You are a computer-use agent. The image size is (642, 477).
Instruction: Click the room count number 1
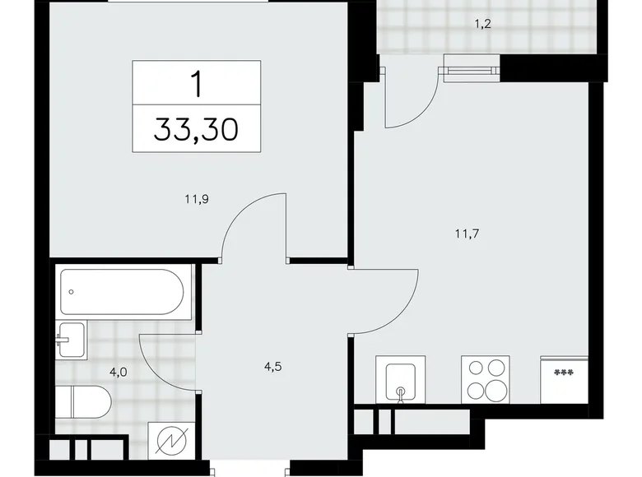(196, 85)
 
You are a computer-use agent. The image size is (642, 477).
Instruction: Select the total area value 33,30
(196, 129)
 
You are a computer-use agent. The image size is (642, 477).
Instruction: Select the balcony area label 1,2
(482, 25)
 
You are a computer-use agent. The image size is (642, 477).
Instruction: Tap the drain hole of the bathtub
(72, 291)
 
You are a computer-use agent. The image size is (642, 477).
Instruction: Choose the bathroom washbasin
(72, 340)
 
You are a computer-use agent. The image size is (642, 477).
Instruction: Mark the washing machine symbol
(171, 442)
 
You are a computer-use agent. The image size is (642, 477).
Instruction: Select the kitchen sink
(400, 381)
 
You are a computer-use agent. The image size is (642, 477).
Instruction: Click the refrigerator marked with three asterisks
(564, 381)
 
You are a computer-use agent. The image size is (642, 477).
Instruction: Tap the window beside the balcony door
(471, 68)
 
